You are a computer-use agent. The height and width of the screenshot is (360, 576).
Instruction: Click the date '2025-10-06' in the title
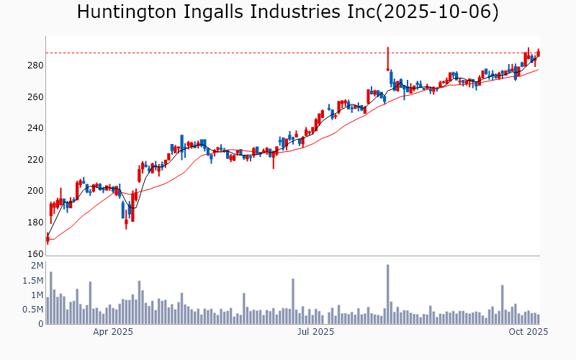(x=441, y=12)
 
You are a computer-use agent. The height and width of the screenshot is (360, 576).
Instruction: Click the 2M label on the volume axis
(x=37, y=266)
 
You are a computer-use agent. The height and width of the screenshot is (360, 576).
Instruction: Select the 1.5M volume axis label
(x=32, y=281)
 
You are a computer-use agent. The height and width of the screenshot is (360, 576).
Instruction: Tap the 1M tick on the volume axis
(x=37, y=295)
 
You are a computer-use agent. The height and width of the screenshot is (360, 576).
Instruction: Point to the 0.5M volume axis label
(x=32, y=310)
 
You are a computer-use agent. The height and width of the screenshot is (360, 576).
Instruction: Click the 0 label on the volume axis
(x=40, y=324)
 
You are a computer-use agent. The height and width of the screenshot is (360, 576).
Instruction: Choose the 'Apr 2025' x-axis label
(x=113, y=332)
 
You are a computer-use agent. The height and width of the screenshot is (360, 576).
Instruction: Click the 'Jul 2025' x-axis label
(x=315, y=332)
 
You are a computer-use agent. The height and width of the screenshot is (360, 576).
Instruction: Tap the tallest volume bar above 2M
(x=387, y=294)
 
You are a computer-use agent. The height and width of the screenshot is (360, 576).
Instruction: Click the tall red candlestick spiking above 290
(x=387, y=58)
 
